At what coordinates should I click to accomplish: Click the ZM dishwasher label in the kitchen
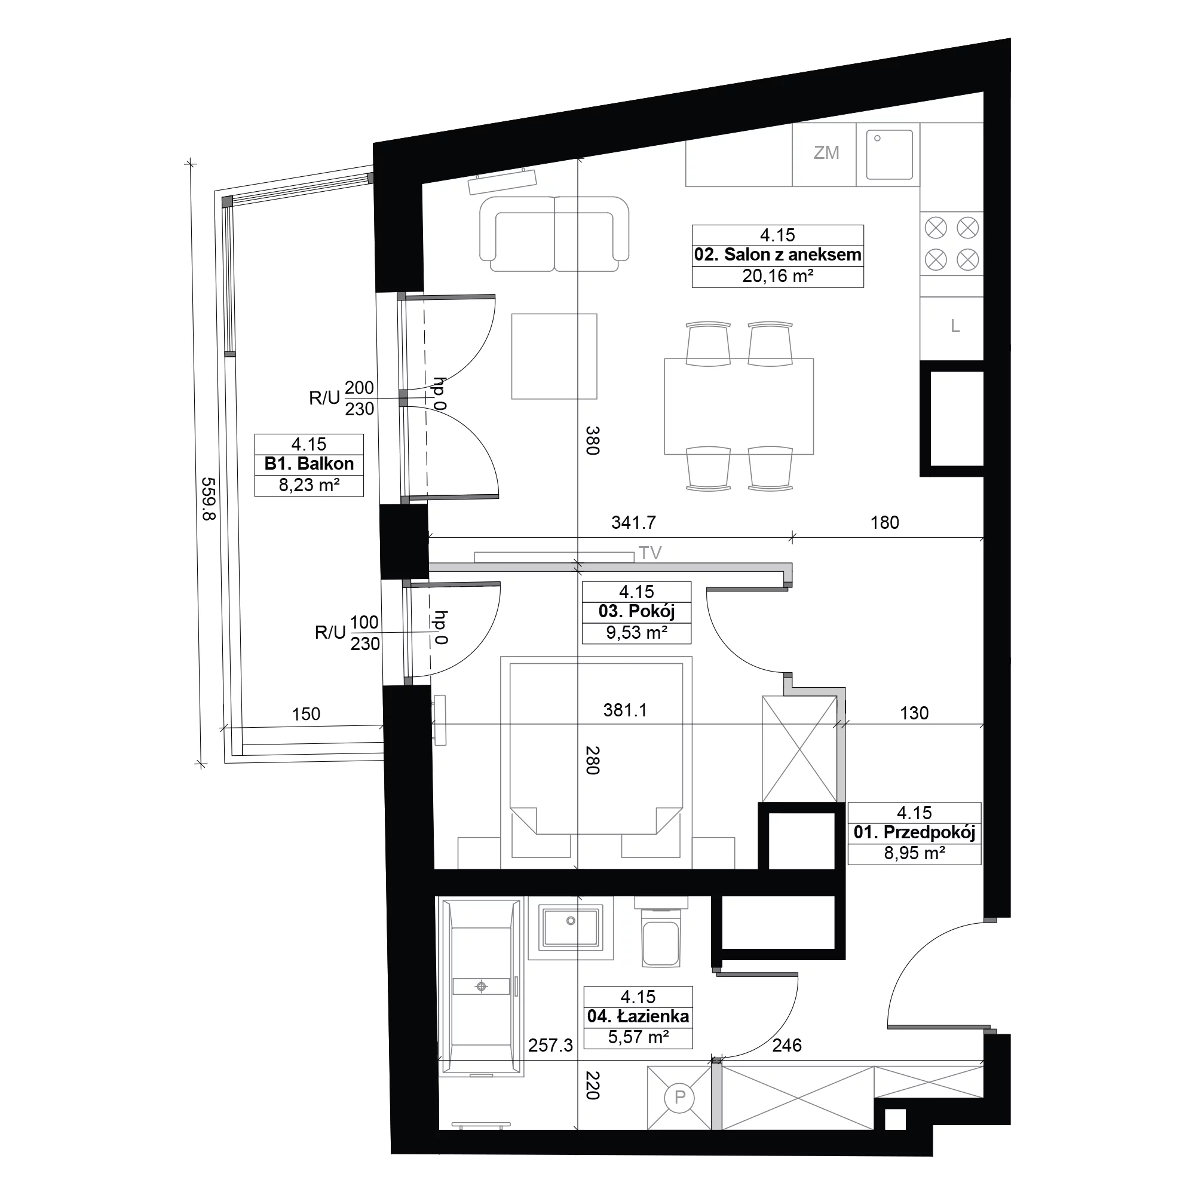[x=826, y=153]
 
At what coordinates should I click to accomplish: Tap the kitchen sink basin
[x=890, y=155]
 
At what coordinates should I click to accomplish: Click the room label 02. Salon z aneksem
[x=777, y=255]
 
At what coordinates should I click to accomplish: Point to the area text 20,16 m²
[x=777, y=276]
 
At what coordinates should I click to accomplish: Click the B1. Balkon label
[x=309, y=464]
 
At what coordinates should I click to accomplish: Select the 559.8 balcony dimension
[x=209, y=498]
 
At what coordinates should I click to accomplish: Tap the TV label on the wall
[x=650, y=553]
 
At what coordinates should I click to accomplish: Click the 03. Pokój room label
[x=636, y=612]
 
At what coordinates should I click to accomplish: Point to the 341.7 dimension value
[x=633, y=523]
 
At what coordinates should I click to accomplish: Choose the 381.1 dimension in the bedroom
[x=626, y=710]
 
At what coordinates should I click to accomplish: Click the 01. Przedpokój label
[x=914, y=832]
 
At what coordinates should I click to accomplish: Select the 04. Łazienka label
[x=638, y=1016]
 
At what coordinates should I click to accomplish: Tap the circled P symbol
[x=680, y=1097]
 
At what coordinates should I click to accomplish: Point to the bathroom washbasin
[x=571, y=929]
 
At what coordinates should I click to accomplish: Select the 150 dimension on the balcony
[x=306, y=715]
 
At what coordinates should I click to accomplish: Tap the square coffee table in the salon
[x=554, y=356]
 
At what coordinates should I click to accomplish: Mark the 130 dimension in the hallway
[x=914, y=713]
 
